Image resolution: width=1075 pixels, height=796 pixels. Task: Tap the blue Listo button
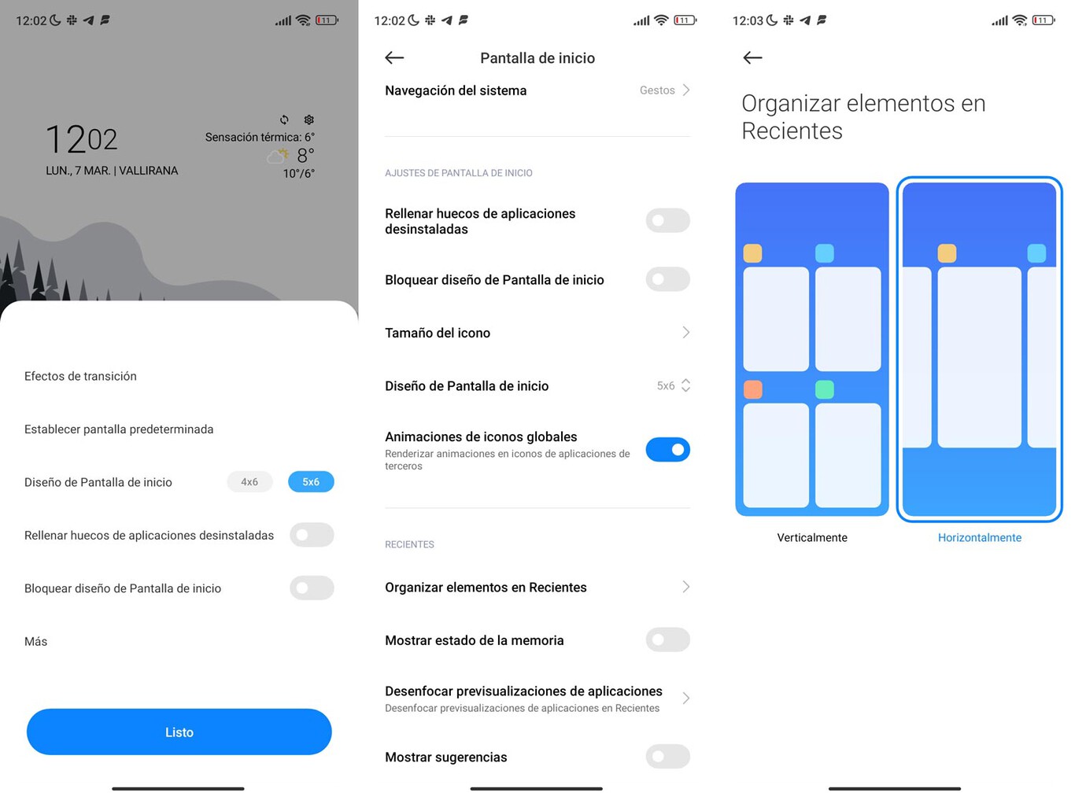pos(179,732)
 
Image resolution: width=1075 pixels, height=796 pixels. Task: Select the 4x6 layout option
pos(249,481)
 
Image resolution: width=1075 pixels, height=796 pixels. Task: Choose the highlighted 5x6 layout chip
pos(311,481)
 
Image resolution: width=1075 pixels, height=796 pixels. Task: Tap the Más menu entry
pos(36,641)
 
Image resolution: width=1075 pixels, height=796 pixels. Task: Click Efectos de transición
pos(80,376)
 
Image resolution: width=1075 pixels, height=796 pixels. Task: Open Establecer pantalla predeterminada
pos(119,429)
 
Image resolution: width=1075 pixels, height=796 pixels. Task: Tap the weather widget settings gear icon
pos(308,120)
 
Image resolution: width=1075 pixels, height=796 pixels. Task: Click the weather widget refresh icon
pos(284,120)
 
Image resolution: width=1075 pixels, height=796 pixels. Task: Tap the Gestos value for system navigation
pos(657,90)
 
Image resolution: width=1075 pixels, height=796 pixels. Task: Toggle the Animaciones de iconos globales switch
pos(667,449)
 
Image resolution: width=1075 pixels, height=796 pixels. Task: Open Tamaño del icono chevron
pos(685,333)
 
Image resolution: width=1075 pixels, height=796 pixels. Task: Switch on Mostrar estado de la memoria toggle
pos(667,639)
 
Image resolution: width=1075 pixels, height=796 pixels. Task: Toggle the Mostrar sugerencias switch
pos(667,757)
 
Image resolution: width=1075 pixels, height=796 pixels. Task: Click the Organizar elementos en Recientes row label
pos(486,588)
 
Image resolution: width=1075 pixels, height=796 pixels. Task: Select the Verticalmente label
pos(811,537)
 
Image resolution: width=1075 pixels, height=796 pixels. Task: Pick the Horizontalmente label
pos(979,537)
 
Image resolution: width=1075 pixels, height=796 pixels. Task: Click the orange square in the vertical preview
pos(752,389)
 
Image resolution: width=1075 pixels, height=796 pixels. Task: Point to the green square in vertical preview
pos(824,389)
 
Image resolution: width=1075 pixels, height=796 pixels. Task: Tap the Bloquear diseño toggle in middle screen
pos(667,279)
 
